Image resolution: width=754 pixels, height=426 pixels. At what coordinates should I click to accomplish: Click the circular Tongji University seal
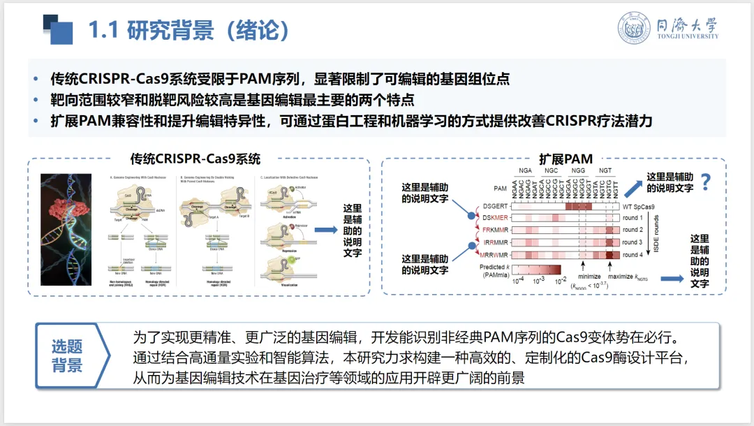[634, 29]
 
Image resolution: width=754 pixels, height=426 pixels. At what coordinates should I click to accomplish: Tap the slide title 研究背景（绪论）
[188, 31]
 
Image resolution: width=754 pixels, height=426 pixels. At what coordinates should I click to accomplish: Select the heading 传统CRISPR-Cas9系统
[195, 160]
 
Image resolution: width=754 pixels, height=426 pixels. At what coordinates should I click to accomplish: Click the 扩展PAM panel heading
[565, 159]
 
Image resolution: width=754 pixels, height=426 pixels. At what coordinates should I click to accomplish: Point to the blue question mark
[706, 182]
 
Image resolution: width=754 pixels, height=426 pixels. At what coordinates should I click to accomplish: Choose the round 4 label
[632, 255]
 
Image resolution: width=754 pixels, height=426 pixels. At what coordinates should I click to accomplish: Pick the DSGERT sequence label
[495, 207]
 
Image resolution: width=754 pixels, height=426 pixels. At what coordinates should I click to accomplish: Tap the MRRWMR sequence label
[494, 255]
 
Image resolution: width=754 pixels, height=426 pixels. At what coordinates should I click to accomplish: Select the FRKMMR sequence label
[495, 230]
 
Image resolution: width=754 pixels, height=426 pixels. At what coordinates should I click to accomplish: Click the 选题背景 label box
[67, 356]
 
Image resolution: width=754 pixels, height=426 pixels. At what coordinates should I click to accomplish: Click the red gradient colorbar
[538, 270]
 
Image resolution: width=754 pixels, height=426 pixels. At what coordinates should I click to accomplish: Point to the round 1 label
[632, 218]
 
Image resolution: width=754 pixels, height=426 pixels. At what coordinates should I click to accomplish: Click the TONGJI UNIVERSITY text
[687, 37]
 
